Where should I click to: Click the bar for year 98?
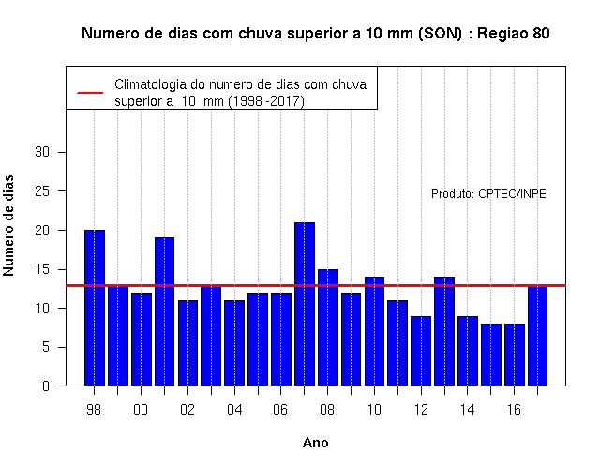(95, 308)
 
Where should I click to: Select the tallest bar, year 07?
(305, 304)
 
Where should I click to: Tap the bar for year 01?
(165, 311)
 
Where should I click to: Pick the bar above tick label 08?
(328, 327)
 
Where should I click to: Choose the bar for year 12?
(421, 351)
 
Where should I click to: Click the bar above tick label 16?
(515, 355)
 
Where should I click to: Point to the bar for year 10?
(374, 331)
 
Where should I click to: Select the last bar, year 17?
(537, 336)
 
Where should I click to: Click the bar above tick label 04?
(234, 343)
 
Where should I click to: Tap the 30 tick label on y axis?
(42, 152)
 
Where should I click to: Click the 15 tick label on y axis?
(42, 269)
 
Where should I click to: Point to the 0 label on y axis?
(46, 386)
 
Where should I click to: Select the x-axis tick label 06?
(280, 410)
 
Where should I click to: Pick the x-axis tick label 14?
(467, 410)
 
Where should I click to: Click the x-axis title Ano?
(316, 443)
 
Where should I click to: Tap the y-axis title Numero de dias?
(8, 226)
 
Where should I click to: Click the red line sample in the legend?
(90, 93)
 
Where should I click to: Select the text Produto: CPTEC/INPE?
(488, 194)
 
